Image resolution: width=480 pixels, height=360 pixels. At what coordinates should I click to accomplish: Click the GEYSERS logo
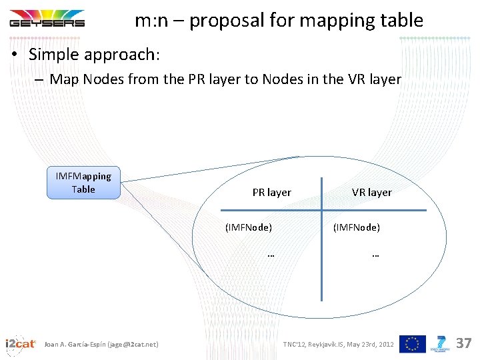(47, 18)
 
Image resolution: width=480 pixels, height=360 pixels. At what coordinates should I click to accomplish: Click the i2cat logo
(20, 344)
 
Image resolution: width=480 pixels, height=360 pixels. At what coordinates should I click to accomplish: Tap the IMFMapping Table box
(83, 183)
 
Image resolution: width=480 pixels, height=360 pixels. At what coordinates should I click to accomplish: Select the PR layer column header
(271, 193)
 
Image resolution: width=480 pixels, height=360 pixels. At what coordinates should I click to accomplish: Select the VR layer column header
(371, 193)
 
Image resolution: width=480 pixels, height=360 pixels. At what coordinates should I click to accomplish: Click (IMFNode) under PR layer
(249, 227)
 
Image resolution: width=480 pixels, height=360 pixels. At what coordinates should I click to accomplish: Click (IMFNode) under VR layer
(357, 227)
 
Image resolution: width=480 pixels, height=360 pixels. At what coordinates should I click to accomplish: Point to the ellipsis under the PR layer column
(271, 254)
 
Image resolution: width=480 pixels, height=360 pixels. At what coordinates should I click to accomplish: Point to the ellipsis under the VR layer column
(375, 254)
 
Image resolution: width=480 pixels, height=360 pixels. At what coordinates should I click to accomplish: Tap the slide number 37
(463, 343)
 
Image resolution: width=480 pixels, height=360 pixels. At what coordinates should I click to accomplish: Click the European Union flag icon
(412, 344)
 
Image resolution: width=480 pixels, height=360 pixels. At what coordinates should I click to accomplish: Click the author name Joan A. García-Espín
(74, 344)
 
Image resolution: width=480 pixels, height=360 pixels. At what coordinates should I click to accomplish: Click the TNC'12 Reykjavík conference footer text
(338, 344)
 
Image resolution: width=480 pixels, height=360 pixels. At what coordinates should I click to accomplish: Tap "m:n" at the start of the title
(151, 21)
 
